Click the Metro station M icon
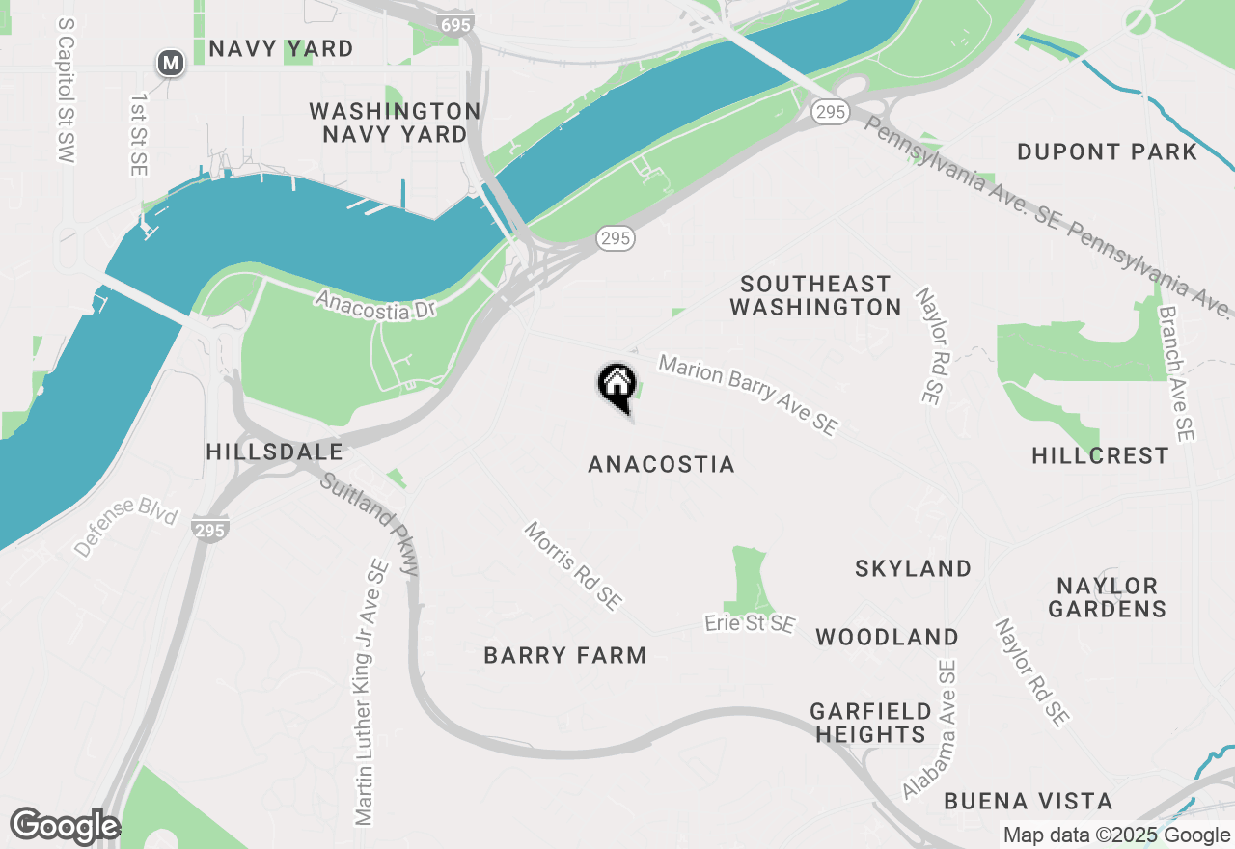tap(171, 64)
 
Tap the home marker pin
tap(617, 386)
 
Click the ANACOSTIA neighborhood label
tap(661, 465)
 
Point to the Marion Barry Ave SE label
tap(748, 395)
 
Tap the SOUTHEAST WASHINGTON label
tap(815, 295)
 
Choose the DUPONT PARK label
tap(1107, 152)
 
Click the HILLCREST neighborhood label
tap(1100, 455)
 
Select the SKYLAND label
tap(913, 568)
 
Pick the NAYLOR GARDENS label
tap(1107, 597)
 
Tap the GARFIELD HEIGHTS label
tap(870, 723)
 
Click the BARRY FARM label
tap(564, 656)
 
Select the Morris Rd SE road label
tap(572, 565)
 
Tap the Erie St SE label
tap(750, 624)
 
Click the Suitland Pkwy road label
tap(370, 524)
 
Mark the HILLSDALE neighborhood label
tap(274, 452)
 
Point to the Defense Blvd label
tap(126, 532)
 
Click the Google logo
tap(64, 827)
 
